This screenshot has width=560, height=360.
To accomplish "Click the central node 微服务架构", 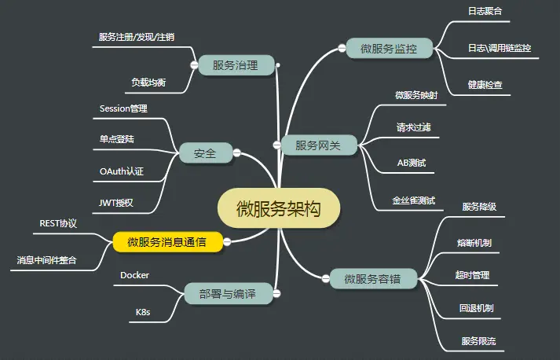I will pyautogui.click(x=278, y=208).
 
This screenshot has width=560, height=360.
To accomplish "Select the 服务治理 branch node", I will pyautogui.click(x=235, y=65).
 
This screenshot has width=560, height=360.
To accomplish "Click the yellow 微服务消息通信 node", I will pyautogui.click(x=167, y=242).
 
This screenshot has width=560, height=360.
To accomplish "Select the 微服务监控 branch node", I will pyautogui.click(x=389, y=49).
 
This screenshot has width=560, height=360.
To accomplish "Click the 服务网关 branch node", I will pyautogui.click(x=318, y=145).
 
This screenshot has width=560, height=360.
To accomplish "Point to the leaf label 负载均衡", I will pyautogui.click(x=148, y=83).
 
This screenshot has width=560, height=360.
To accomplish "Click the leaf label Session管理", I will pyautogui.click(x=123, y=108).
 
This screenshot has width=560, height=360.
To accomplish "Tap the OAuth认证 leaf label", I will pyautogui.click(x=122, y=171).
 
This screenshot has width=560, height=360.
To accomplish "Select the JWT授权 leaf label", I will pyautogui.click(x=116, y=203).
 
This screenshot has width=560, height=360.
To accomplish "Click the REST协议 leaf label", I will pyautogui.click(x=58, y=223).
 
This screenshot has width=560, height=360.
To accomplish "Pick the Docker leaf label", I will pyautogui.click(x=134, y=275).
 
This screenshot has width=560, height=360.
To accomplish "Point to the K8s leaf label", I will pyautogui.click(x=143, y=312).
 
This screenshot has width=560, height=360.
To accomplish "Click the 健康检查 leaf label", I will pyautogui.click(x=485, y=85).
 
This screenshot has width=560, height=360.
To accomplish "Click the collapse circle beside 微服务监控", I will pyautogui.click(x=342, y=49).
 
